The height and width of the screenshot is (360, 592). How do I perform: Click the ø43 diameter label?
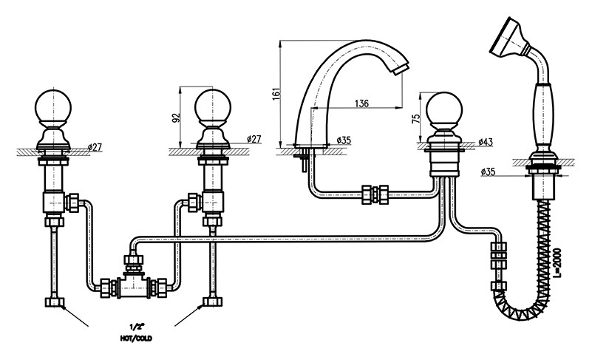(486, 141)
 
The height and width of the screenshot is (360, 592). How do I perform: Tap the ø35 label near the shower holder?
(489, 172)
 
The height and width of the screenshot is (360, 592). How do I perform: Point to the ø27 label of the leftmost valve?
(95, 147)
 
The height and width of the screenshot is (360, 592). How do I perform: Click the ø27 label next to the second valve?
(252, 140)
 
